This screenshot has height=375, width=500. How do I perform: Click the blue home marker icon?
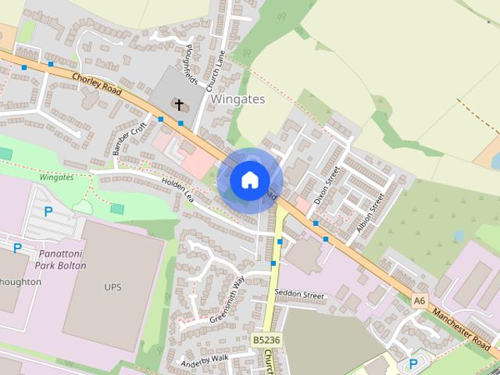click(249, 180)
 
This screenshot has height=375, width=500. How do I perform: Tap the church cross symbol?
click(179, 104)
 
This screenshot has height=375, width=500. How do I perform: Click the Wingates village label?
click(237, 99)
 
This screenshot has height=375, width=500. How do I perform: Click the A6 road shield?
click(420, 299)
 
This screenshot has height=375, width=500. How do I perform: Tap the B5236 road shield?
click(266, 341)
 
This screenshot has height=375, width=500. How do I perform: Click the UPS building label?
click(112, 287)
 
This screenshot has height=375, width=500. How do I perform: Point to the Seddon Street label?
click(299, 295)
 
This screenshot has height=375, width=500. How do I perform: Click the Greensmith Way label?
click(227, 299)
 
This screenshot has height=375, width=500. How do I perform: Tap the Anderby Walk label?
click(203, 358)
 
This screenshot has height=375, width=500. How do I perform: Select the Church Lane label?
click(216, 77)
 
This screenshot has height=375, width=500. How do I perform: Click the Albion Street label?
click(370, 208)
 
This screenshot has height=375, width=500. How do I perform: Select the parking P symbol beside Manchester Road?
click(413, 364)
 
